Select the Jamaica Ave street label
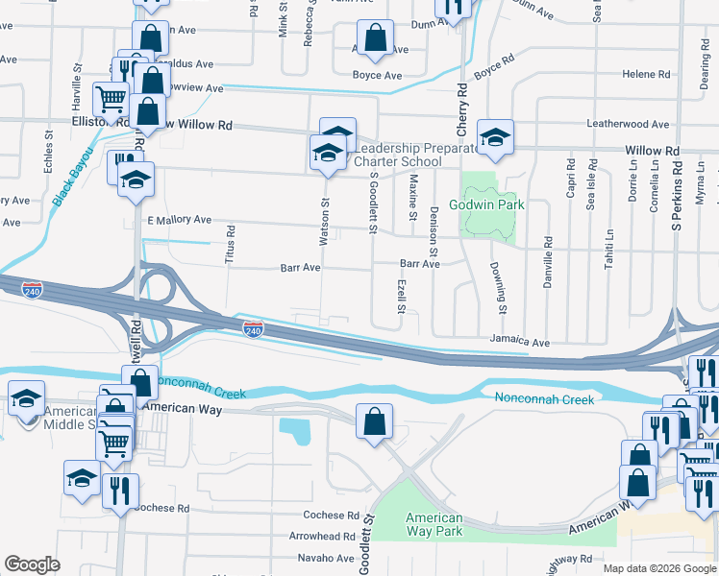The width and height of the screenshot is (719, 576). pos(518,342)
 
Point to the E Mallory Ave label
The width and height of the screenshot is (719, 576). pos(179,220)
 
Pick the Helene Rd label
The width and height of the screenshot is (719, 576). pos(646,74)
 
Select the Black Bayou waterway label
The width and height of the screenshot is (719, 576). pos(73,177)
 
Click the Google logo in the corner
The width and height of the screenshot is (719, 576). pos(33,564)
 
